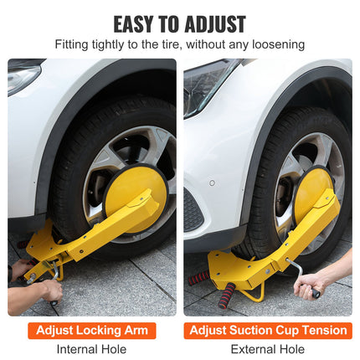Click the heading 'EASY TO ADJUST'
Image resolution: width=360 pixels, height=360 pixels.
[x=179, y=23]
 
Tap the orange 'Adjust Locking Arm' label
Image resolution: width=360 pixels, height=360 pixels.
[x=91, y=330]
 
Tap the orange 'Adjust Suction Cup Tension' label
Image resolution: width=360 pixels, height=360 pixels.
[x=268, y=330]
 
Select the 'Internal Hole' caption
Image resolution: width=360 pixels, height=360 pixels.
[x=91, y=349]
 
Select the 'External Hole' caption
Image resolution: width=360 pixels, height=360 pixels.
[x=268, y=349]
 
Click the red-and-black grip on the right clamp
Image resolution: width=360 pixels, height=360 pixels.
[x=225, y=295]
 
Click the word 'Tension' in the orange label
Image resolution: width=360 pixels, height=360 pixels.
[x=322, y=330]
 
